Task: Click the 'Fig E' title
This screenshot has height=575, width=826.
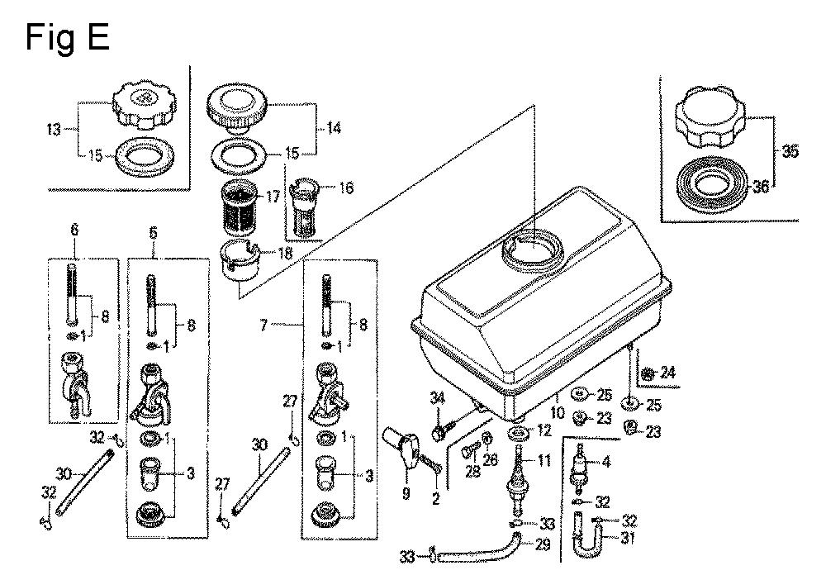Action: tap(68, 37)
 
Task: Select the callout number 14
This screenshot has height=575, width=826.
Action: tap(334, 127)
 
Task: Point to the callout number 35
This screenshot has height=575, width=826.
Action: tap(790, 152)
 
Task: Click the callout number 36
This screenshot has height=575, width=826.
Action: tap(761, 186)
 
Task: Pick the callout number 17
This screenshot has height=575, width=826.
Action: tap(273, 197)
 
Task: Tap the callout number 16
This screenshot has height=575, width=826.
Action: tap(346, 188)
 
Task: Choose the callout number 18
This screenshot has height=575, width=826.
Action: tap(284, 254)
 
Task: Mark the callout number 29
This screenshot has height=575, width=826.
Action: tap(544, 544)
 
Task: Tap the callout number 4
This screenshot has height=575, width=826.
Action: tap(606, 462)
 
